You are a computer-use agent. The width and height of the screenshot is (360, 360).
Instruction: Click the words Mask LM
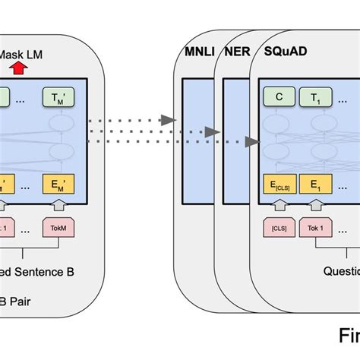coord(22,54)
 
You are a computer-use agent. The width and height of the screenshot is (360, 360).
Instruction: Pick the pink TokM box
coord(59,227)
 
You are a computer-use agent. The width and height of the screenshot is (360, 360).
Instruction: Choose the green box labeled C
coord(279,96)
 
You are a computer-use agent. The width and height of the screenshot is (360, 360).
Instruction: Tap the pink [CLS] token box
coord(279,227)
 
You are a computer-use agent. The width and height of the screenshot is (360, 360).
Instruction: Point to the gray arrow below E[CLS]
coord(279,204)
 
